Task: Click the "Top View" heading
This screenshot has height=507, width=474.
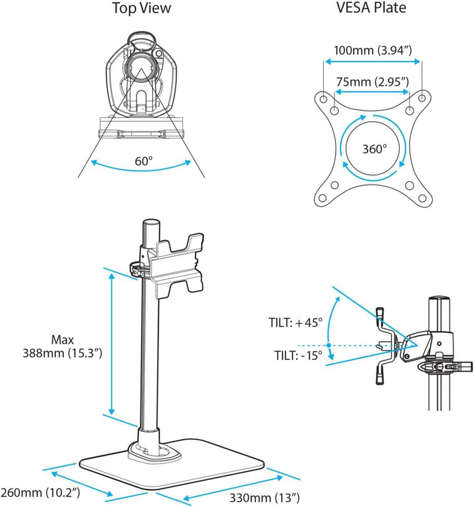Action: click(142, 8)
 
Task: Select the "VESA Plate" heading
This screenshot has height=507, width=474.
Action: click(371, 7)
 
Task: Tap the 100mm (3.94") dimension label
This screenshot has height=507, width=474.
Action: click(373, 51)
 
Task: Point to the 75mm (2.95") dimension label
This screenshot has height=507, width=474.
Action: click(373, 82)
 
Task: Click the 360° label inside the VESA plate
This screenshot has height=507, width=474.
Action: click(374, 149)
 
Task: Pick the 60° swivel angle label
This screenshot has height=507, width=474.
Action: click(144, 161)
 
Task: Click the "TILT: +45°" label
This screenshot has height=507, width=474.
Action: click(296, 322)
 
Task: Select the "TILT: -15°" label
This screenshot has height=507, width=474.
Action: click(298, 355)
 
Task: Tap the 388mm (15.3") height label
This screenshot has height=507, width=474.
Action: click(63, 353)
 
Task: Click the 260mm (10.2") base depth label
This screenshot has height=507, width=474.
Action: click(40, 492)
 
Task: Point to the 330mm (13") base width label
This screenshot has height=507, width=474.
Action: click(265, 498)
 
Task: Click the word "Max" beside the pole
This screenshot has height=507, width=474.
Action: click(63, 340)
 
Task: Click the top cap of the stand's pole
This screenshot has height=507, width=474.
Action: click(151, 223)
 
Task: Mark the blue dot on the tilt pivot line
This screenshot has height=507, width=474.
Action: click(329, 345)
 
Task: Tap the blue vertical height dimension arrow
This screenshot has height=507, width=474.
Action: click(111, 344)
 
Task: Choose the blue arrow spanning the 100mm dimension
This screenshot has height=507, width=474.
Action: click(373, 61)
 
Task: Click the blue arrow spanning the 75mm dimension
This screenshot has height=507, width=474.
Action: click(373, 92)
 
